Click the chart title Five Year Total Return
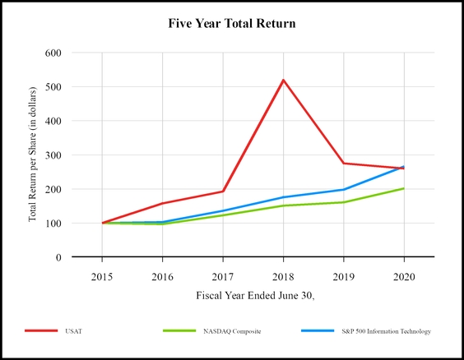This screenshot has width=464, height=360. (231, 24)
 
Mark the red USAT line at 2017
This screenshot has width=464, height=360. (223, 192)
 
